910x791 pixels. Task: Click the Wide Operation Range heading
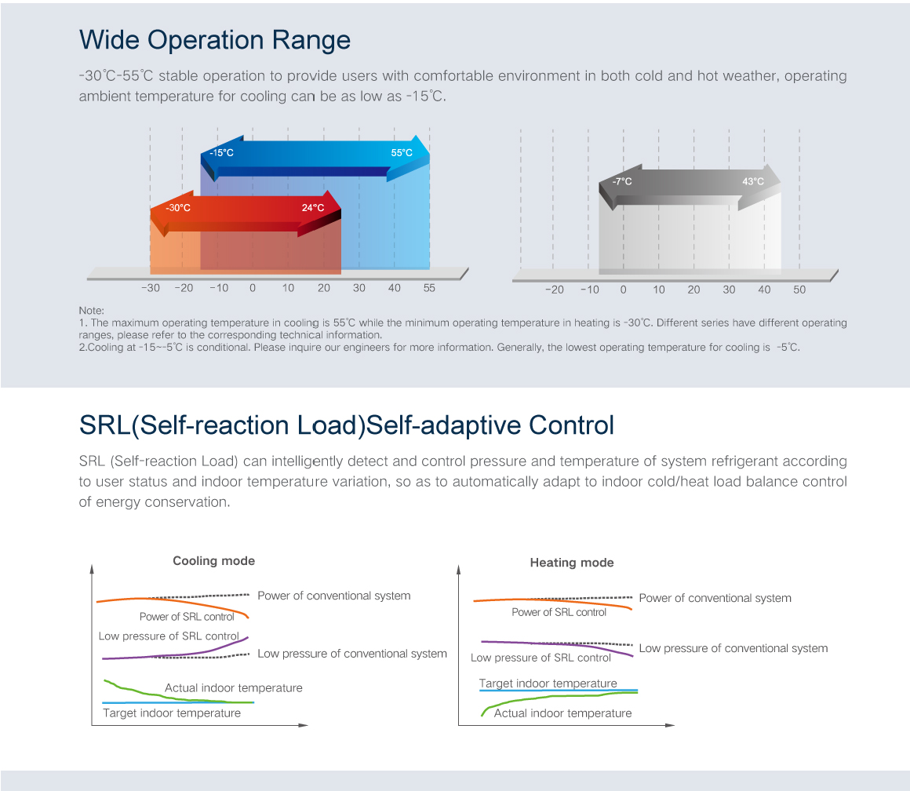tap(215, 39)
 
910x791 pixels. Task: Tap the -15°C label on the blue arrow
tap(221, 153)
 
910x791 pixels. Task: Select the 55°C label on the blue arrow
tap(402, 153)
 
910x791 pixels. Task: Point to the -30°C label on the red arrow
tap(177, 208)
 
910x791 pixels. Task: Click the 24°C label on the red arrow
tap(313, 208)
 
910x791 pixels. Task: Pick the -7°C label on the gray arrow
tap(622, 182)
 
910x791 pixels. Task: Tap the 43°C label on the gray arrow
tap(753, 182)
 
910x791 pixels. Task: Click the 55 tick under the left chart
tap(429, 288)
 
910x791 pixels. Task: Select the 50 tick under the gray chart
tap(799, 290)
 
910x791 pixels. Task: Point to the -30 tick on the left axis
tap(150, 288)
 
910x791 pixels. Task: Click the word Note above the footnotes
tap(91, 311)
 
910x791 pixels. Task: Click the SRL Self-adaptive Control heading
tap(346, 425)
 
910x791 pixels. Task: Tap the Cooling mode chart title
tap(213, 561)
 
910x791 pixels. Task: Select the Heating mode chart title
tap(572, 563)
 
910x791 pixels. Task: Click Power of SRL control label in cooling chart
tap(187, 617)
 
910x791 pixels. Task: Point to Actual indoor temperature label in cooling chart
tap(233, 688)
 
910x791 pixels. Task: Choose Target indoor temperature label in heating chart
tap(548, 683)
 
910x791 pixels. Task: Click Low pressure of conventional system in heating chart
tap(733, 648)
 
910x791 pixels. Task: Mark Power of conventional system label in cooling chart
tap(333, 596)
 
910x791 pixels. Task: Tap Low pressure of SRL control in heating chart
tap(541, 658)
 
